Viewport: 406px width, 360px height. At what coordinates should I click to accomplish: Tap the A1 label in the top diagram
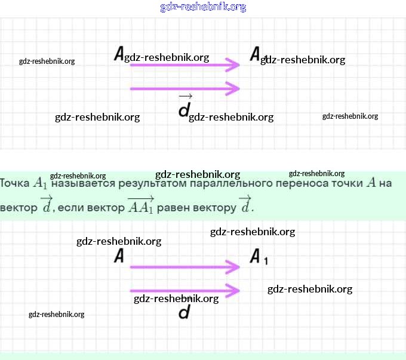coord(256,54)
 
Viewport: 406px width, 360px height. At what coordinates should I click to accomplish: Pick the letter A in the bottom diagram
coord(119,257)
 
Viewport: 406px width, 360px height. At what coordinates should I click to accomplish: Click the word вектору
coord(217,208)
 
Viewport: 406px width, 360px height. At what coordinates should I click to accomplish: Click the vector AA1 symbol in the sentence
coord(141,205)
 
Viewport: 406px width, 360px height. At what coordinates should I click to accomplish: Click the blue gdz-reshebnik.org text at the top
coord(203,7)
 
